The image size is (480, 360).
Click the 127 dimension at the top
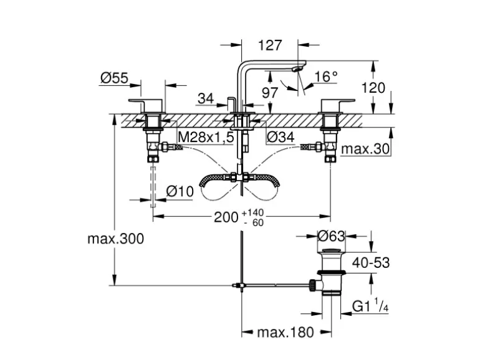269,45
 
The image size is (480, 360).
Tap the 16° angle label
325,77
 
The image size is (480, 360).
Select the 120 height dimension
373,88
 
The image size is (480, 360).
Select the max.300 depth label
115,239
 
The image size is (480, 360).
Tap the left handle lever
145,103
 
